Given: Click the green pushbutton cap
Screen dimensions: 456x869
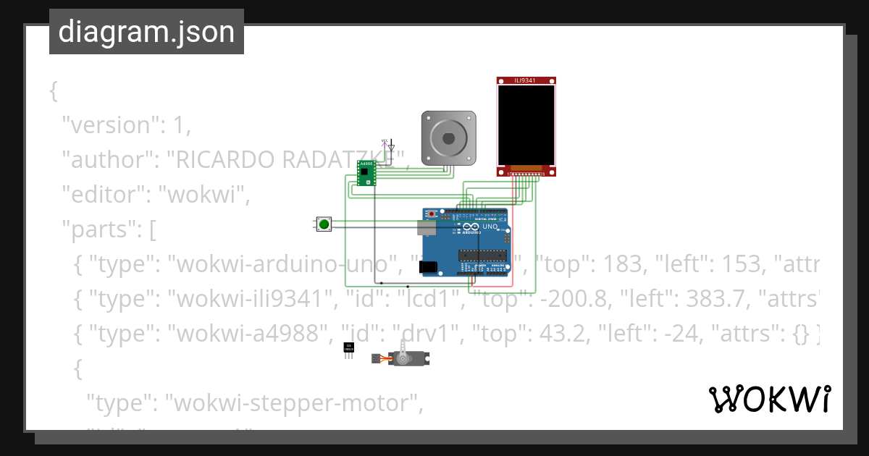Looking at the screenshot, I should [x=324, y=224].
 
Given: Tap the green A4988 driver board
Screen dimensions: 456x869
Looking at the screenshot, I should [x=366, y=173].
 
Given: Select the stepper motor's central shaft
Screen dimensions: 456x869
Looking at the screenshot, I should [x=449, y=138].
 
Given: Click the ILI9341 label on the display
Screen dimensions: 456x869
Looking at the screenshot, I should [x=525, y=80].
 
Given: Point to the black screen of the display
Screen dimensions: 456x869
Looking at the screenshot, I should [x=526, y=125].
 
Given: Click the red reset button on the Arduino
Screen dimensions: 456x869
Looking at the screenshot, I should [x=433, y=214].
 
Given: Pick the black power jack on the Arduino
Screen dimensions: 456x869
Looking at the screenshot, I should [x=429, y=267].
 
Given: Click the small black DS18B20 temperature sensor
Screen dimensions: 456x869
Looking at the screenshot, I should [x=349, y=348].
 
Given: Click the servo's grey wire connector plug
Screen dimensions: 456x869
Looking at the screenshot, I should [x=375, y=358].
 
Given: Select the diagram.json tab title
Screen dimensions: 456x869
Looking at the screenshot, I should [x=146, y=32].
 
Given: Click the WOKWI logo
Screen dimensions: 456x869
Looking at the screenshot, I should [x=769, y=399].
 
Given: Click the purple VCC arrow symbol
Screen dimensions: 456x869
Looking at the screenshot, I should [x=384, y=143].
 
